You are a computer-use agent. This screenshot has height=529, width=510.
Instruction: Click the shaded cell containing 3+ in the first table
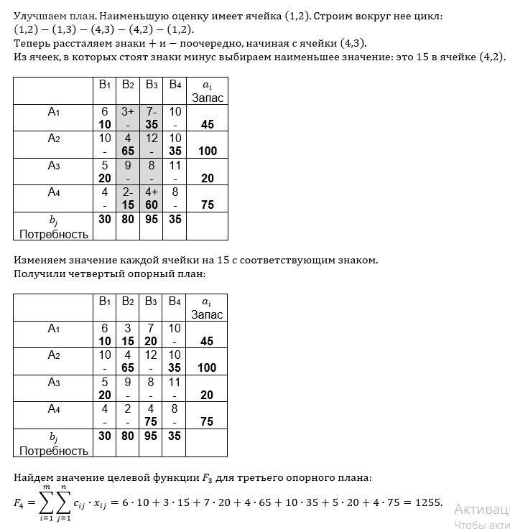coord(128,118)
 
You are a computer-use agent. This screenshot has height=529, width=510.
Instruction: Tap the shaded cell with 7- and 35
coord(152,118)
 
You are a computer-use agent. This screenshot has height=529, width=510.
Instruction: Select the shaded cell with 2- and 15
coord(128,198)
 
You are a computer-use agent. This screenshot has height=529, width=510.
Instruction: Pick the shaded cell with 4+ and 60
coord(152,198)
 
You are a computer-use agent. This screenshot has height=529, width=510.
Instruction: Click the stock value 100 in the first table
coord(208,151)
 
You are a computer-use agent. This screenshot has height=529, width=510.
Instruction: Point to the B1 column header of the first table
coord(105,85)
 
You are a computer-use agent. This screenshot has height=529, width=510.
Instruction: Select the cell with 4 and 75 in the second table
coord(152,416)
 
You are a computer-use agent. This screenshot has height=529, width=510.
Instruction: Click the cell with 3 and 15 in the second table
coord(128,335)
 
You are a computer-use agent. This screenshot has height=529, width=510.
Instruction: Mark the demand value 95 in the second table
coord(152,436)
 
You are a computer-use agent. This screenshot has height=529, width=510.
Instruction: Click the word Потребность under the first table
coord(54,234)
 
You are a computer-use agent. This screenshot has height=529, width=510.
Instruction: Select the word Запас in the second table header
coord(208,314)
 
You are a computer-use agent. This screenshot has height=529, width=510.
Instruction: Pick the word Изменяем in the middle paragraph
coord(39,260)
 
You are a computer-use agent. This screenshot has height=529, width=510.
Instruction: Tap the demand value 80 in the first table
coord(128,218)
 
